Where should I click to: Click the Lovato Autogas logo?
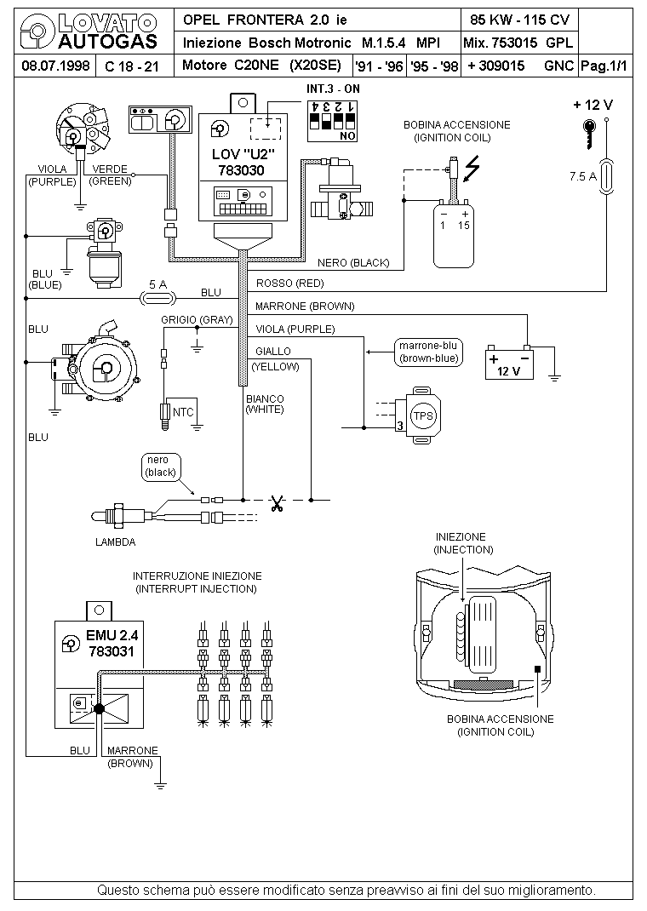click(x=89, y=32)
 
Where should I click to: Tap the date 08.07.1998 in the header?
click(x=55, y=66)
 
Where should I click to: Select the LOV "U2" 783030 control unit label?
click(x=242, y=163)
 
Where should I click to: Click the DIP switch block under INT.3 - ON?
click(x=332, y=121)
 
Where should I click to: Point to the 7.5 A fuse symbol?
click(x=606, y=176)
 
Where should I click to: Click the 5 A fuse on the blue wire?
click(x=158, y=299)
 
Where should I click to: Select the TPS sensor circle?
click(x=423, y=416)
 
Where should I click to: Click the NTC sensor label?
click(x=183, y=413)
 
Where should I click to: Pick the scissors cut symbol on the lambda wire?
click(x=277, y=502)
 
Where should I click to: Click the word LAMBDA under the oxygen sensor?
click(x=115, y=542)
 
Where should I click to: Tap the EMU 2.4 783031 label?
click(x=112, y=643)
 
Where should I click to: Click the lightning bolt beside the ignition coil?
click(x=472, y=168)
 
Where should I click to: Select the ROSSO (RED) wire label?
click(x=289, y=284)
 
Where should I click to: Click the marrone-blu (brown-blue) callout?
click(x=428, y=352)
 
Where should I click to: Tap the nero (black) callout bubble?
click(x=161, y=467)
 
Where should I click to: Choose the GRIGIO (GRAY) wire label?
click(x=197, y=320)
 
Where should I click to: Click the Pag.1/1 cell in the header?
click(x=604, y=66)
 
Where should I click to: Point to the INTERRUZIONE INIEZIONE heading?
click(x=197, y=576)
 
